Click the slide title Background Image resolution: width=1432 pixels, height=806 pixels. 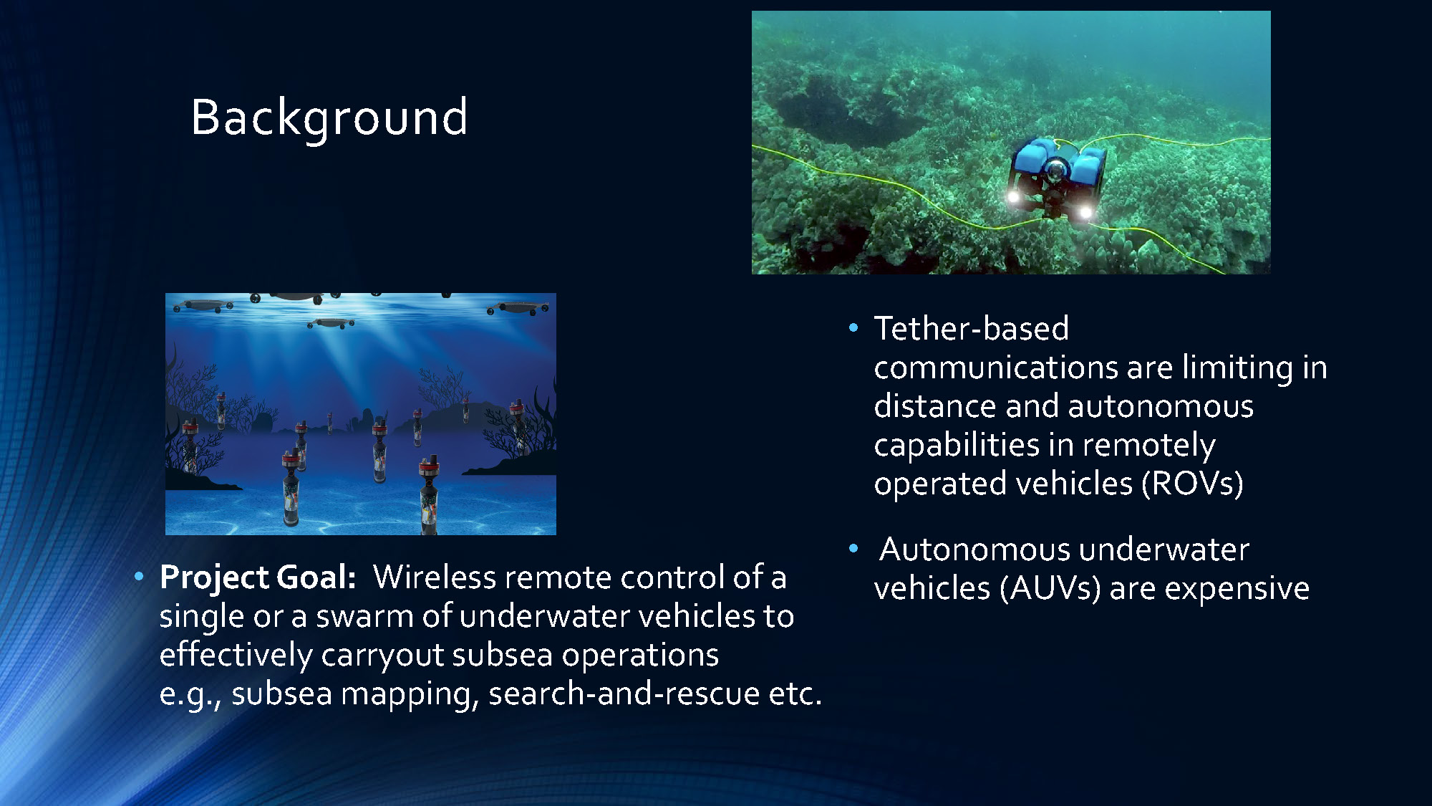329,117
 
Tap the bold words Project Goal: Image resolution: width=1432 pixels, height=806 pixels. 258,577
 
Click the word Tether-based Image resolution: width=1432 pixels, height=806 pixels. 972,329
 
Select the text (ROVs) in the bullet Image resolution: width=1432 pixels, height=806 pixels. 1191,484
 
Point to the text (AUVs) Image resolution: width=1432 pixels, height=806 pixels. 1050,589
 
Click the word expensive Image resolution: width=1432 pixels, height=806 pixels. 1237,589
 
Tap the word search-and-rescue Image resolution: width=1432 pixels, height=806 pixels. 624,694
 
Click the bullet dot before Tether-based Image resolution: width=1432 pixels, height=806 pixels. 853,328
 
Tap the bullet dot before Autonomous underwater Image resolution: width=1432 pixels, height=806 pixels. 853,549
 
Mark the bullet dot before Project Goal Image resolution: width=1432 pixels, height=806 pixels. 139,576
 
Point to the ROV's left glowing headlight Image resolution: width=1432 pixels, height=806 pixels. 1014,196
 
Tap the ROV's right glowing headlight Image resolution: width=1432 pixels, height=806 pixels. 1085,212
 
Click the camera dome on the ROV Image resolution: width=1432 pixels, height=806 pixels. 1055,171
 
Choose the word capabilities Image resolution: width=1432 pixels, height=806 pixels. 957,445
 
